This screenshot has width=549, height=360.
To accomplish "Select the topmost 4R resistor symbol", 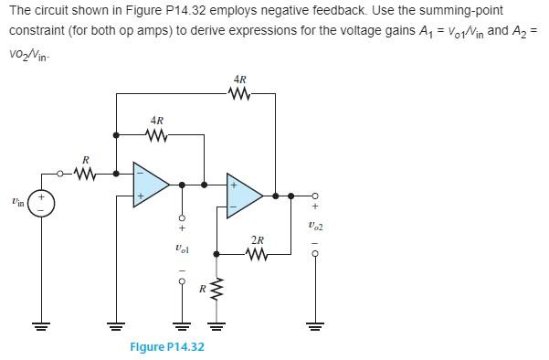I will pyautogui.click(x=238, y=91).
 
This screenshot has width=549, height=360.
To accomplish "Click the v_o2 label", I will pyautogui.click(x=316, y=225).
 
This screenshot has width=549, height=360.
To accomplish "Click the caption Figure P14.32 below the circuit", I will pyautogui.click(x=166, y=347).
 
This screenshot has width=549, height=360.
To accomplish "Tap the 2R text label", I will pyautogui.click(x=258, y=241).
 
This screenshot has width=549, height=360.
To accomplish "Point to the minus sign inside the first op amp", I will pyautogui.click(x=141, y=172).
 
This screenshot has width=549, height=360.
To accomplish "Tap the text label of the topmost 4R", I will pyautogui.click(x=238, y=79).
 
